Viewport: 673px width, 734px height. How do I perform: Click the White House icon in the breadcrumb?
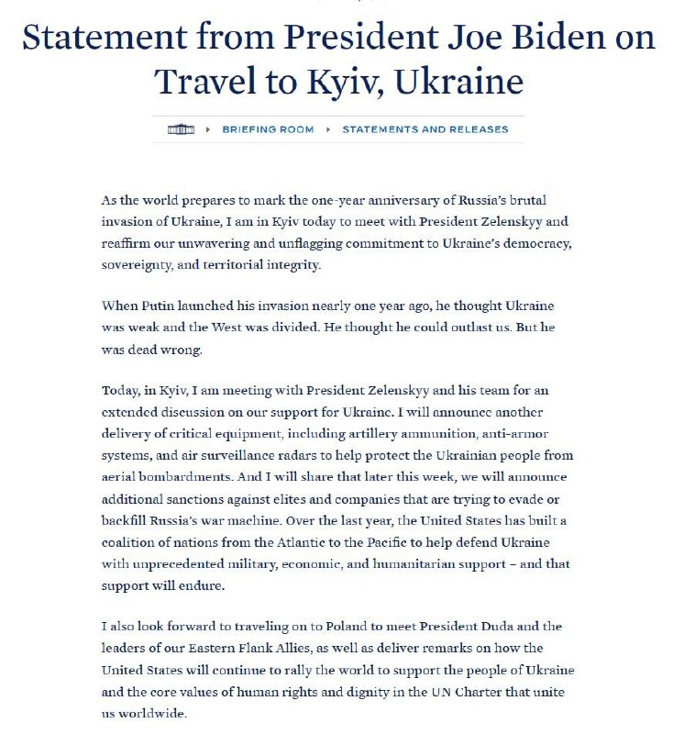(x=181, y=129)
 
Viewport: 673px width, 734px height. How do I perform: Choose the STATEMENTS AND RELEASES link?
(x=425, y=129)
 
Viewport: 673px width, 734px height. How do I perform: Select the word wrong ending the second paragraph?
(x=197, y=350)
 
